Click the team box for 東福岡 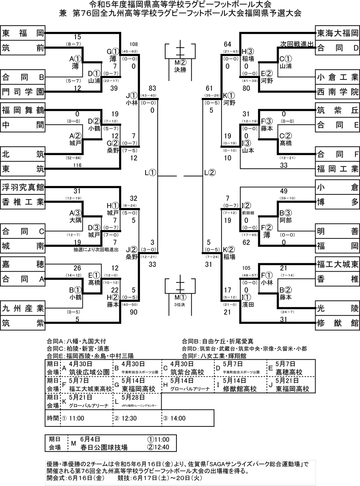[x=22, y=33]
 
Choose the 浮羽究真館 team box [x=22, y=187]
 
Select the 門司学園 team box [x=22, y=92]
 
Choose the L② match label [x=210, y=173]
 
